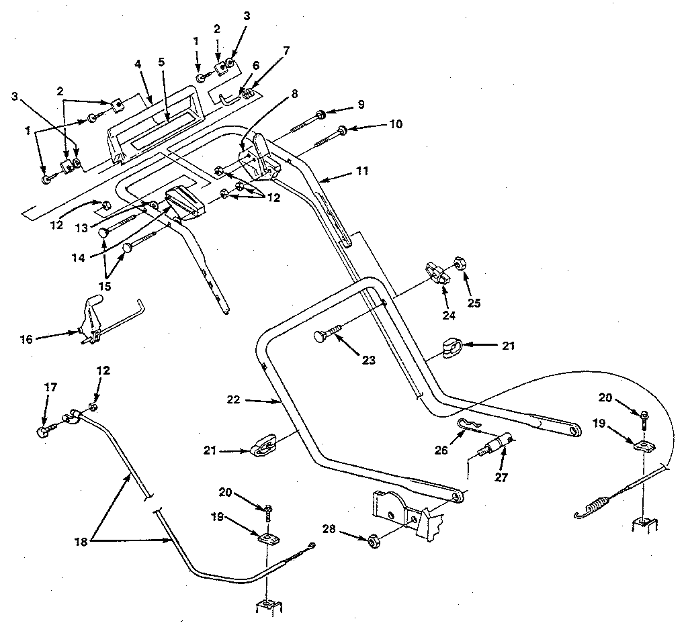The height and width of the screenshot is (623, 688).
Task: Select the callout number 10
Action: [395, 124]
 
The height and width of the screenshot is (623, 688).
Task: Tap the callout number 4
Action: [137, 64]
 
